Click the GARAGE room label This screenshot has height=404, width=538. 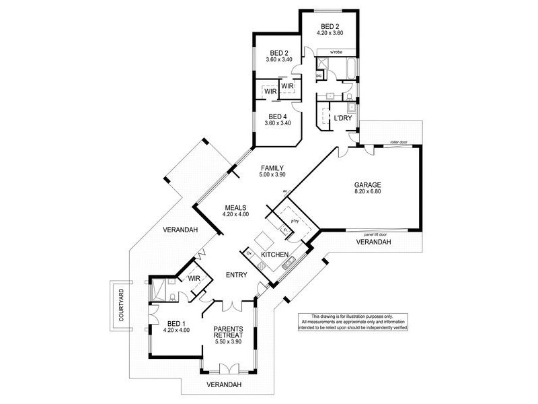click(x=368, y=184)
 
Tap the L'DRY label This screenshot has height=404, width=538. click(x=344, y=119)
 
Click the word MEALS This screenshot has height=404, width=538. click(x=235, y=207)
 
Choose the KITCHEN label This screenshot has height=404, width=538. click(x=274, y=255)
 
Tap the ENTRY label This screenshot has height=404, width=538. click(x=237, y=275)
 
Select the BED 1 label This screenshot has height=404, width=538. click(x=176, y=323)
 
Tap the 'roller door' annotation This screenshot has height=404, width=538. click(x=399, y=143)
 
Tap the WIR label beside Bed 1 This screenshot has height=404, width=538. click(x=195, y=278)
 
